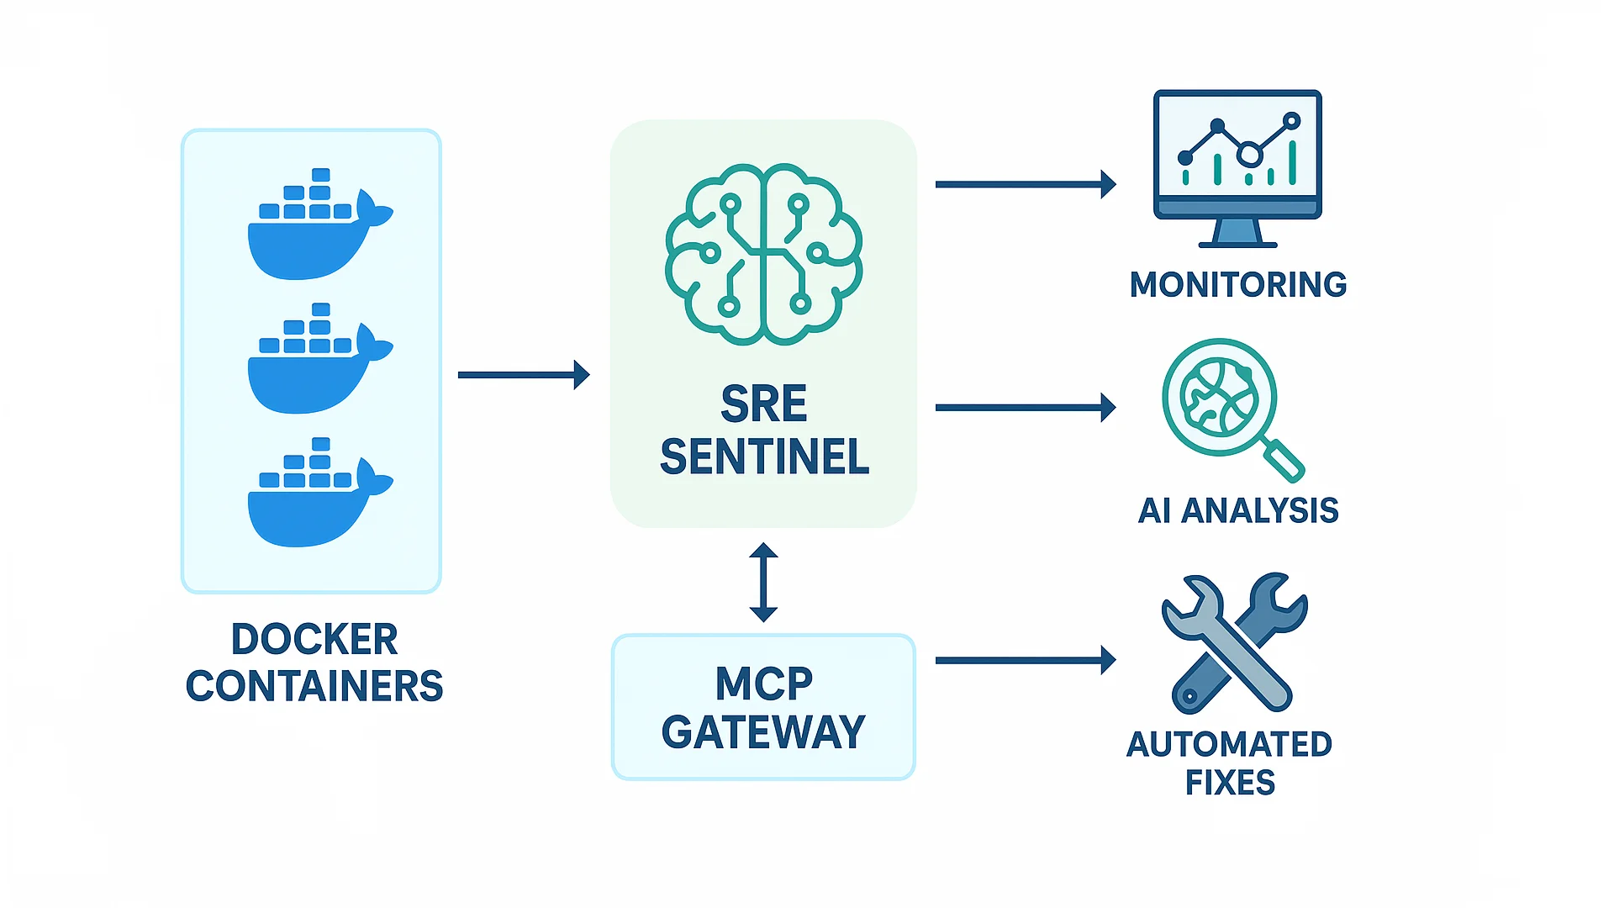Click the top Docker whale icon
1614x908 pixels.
[x=315, y=227]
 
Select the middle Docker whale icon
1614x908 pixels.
[x=315, y=362]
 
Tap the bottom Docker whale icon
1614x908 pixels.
[x=315, y=496]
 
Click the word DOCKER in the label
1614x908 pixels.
[x=314, y=640]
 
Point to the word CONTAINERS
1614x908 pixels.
[x=314, y=687]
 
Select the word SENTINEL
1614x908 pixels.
[x=764, y=457]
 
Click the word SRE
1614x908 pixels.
[x=763, y=404]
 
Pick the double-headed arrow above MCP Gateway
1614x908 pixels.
[x=763, y=583]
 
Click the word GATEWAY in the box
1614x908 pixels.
[x=763, y=732]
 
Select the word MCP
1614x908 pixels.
[x=763, y=684]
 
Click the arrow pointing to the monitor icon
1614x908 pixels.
[x=1025, y=184]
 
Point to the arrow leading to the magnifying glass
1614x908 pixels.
[x=1025, y=408]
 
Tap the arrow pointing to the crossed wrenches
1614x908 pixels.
[x=1025, y=661]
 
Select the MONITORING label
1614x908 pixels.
[x=1237, y=285]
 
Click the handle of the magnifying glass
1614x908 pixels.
[x=1284, y=460]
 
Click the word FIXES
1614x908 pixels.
[x=1230, y=784]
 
